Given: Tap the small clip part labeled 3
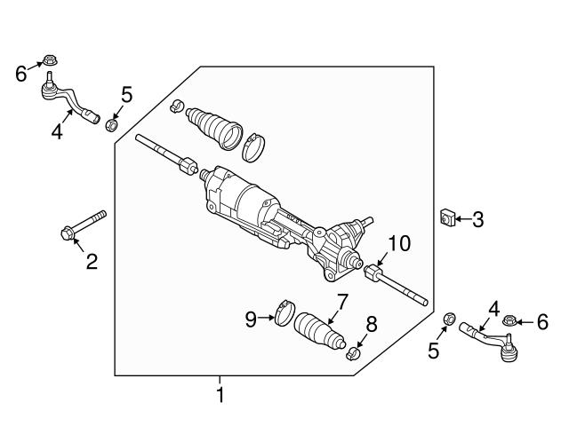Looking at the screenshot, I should pos(448,217).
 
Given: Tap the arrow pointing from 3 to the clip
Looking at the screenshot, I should pos(463,217).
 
